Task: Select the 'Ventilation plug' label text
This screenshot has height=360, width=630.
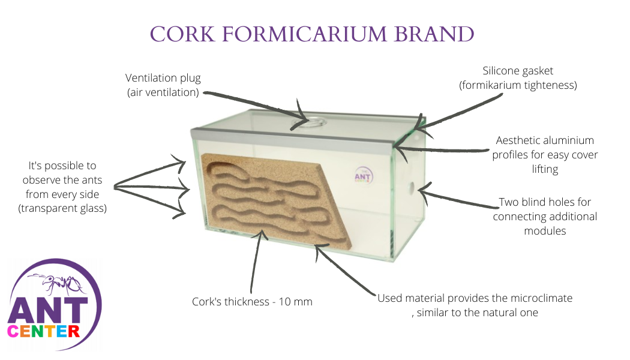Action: pos(163,78)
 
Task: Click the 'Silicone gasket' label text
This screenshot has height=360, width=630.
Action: pos(518,71)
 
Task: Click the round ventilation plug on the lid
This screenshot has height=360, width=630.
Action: pos(307,124)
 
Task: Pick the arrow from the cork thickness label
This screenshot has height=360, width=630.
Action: pos(257,264)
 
